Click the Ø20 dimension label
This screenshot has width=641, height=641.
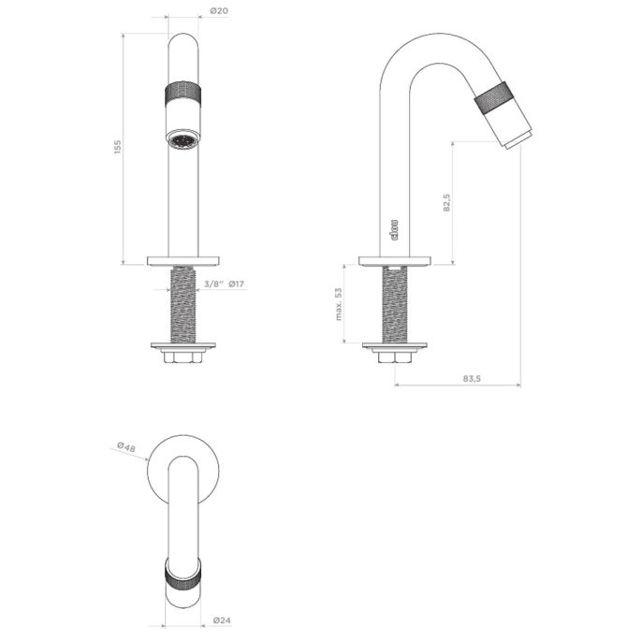(218, 11)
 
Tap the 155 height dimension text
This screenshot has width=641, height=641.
(118, 148)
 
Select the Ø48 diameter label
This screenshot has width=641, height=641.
(125, 448)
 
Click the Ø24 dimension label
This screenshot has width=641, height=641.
(222, 619)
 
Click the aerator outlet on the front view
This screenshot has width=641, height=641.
(182, 140)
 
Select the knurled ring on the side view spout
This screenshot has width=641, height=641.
(492, 100)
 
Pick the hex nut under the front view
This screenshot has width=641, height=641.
(182, 357)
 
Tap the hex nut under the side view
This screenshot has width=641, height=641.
(393, 357)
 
